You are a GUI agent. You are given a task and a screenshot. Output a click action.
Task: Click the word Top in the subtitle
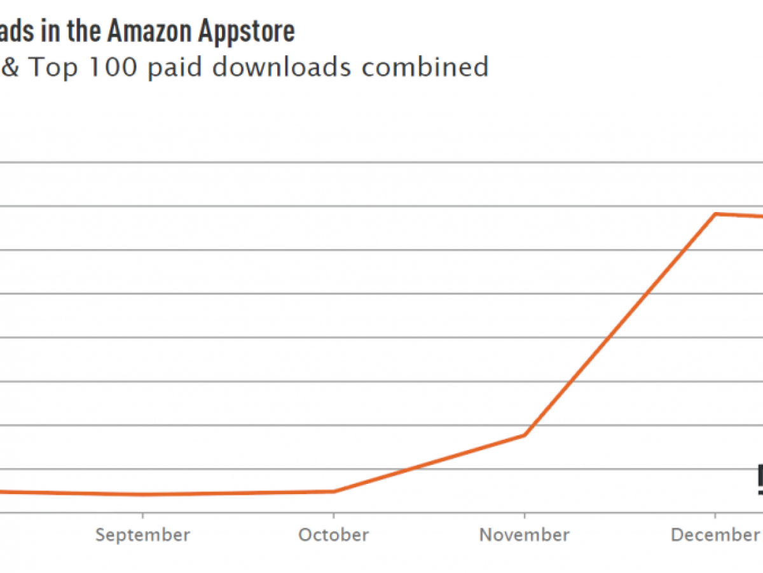click(53, 67)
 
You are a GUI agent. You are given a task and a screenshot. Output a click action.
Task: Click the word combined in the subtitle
click(425, 67)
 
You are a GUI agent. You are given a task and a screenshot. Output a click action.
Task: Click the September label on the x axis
click(142, 535)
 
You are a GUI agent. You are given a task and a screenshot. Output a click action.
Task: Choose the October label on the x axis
click(334, 535)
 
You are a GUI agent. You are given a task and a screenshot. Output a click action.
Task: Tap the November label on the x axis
click(525, 535)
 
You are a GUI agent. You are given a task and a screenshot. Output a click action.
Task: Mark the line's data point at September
click(142, 495)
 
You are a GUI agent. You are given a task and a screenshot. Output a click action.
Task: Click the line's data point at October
click(334, 492)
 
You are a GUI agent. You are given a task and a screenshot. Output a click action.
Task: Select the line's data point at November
click(525, 435)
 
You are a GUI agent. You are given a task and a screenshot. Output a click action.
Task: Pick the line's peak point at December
click(716, 214)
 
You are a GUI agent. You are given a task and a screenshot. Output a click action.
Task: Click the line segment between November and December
click(620, 325)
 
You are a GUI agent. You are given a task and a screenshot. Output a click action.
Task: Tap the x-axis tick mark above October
click(334, 516)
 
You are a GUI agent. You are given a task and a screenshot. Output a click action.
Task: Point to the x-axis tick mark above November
click(525, 516)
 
